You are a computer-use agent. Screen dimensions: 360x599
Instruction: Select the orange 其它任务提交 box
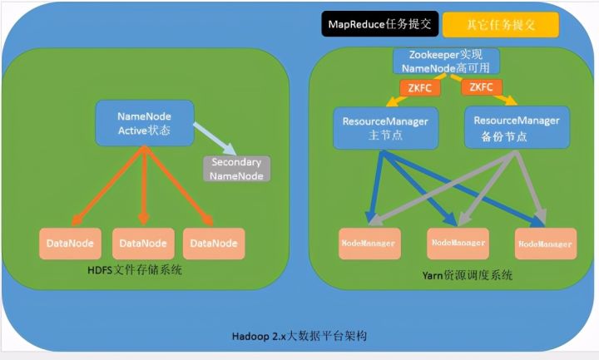(501, 25)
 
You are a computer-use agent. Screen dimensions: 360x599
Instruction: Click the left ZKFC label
(415, 87)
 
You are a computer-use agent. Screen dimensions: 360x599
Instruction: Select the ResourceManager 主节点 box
(385, 127)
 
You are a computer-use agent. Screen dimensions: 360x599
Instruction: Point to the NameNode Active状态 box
(144, 123)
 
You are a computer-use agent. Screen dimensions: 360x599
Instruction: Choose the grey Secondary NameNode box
(236, 169)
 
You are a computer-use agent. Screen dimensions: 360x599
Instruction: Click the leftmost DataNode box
(70, 243)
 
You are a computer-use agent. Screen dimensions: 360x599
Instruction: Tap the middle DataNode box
(143, 243)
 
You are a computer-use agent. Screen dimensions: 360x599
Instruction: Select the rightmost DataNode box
(214, 243)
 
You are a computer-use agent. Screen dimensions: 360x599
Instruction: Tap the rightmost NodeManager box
(545, 244)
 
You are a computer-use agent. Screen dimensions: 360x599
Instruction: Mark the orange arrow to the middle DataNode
(144, 183)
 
